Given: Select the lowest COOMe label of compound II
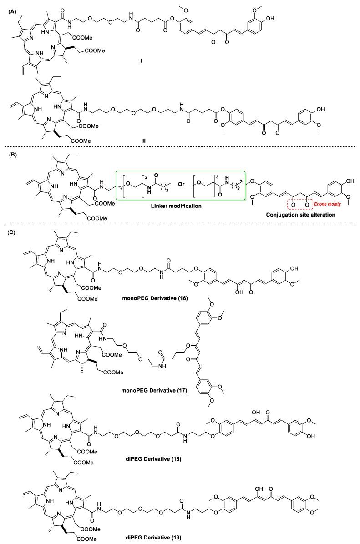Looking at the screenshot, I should click(80, 141).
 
